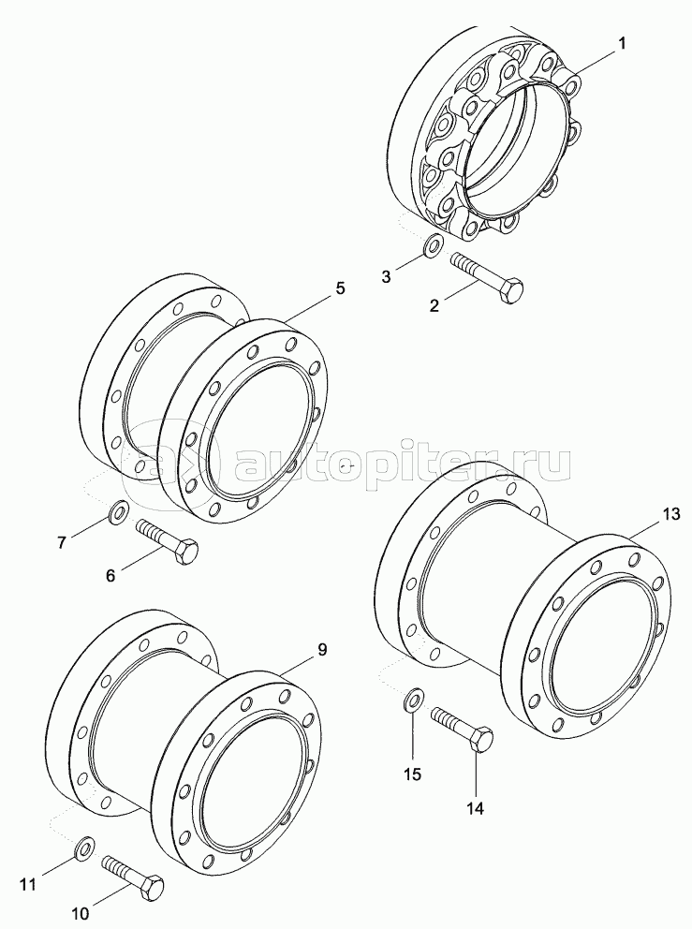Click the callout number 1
(621, 43)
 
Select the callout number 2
(434, 305)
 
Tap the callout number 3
(386, 276)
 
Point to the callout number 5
(340, 288)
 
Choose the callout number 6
(110, 575)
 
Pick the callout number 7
(62, 542)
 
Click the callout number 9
(322, 649)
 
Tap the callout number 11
(28, 885)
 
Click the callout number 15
(412, 774)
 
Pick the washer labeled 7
(119, 510)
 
